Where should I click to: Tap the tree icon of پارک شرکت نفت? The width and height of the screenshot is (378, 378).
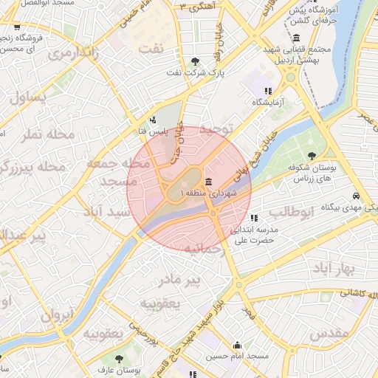pos(195,61)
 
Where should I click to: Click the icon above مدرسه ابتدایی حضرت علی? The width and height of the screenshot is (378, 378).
pos(254,218)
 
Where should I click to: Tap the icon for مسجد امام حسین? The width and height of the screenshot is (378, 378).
pos(237,346)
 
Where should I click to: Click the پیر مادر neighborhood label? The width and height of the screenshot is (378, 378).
pos(181,280)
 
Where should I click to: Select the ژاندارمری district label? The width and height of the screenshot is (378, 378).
pos(72,53)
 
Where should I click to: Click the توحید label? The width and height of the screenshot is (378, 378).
pos(216,129)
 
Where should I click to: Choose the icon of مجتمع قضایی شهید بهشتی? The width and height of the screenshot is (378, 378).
pos(296,38)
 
